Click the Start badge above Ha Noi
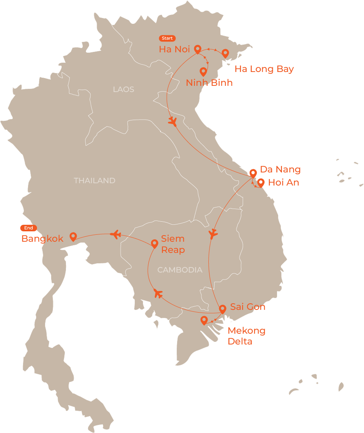tap(167, 38)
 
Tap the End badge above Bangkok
tap(29, 228)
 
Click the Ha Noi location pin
tap(198, 49)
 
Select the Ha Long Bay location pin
tap(225, 53)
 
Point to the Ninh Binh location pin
tap(203, 71)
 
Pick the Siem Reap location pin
tap(154, 243)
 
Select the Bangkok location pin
tap(73, 236)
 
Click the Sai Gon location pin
tap(222, 309)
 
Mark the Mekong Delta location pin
tap(204, 320)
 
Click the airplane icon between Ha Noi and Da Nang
tap(173, 122)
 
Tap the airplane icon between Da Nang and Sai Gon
tap(213, 234)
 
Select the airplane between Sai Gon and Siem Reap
tap(158, 293)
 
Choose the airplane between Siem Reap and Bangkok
tap(116, 234)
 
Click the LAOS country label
tap(124, 90)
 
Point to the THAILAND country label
tap(94, 181)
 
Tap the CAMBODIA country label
tap(180, 270)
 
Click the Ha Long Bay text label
tap(264, 69)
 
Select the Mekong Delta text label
tap(247, 336)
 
